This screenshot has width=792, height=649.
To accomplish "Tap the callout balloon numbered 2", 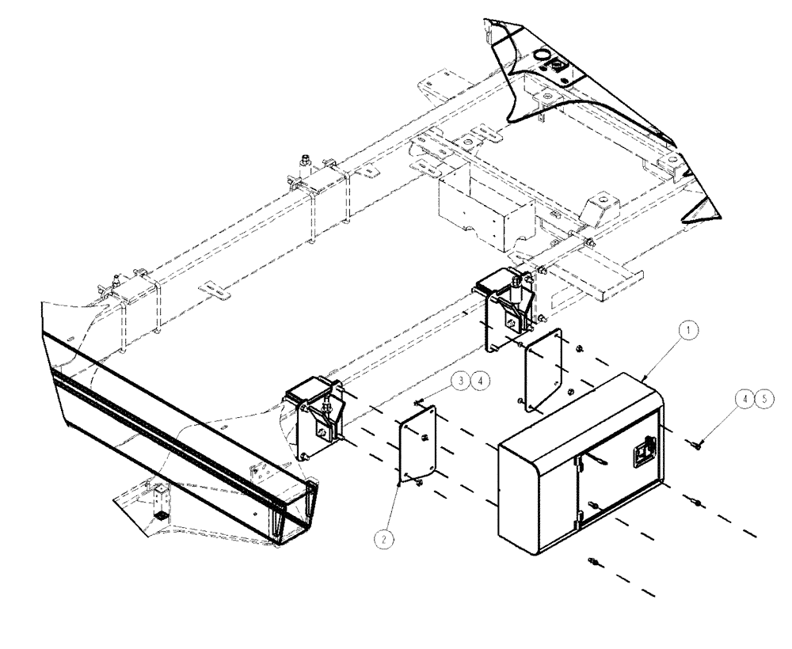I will coord(384,538).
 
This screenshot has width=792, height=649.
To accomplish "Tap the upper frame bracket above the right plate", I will coord(507,301).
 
